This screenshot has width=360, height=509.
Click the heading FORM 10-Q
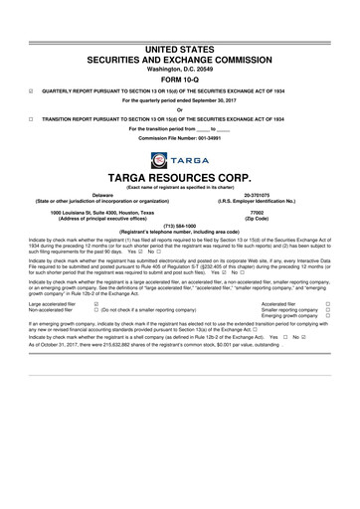(x=180, y=54)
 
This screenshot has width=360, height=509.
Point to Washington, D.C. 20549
(x=180, y=42)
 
